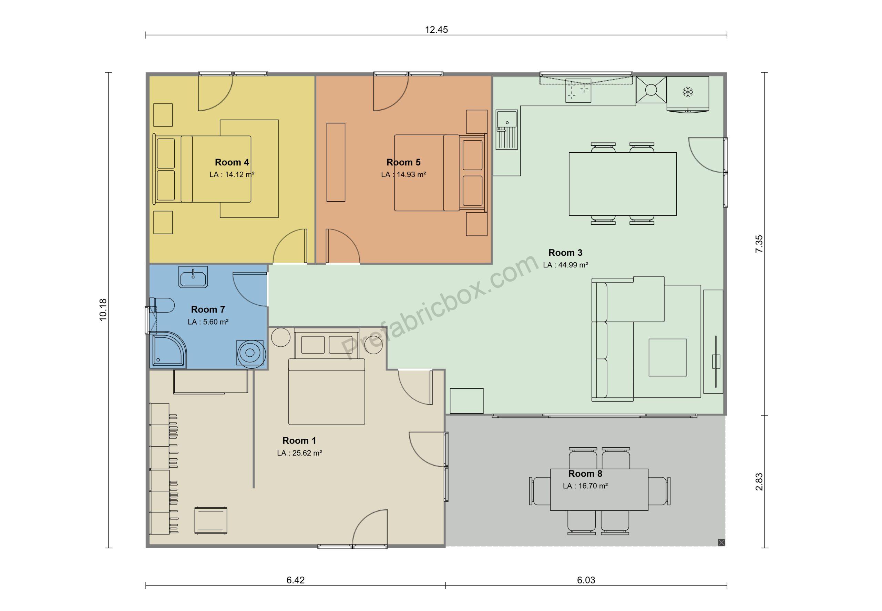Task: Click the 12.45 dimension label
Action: (436, 30)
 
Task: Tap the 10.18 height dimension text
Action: (103, 310)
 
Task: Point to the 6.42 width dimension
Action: (295, 580)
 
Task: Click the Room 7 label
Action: (208, 309)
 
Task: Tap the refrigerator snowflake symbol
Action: (688, 92)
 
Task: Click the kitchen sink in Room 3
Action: (507, 129)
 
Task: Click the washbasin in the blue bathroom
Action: (193, 277)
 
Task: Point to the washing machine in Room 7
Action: (250, 354)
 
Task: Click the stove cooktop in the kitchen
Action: (578, 91)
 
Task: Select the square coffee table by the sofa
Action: (667, 357)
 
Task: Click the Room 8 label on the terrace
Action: (585, 473)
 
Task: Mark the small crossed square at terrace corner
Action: (721, 542)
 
